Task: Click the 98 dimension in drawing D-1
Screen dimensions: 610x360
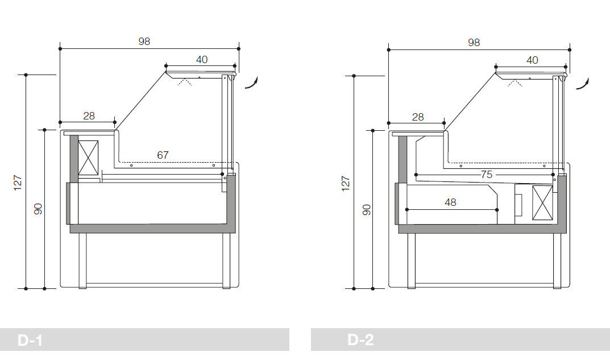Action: [x=144, y=42]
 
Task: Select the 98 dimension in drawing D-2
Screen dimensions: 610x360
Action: [x=474, y=43]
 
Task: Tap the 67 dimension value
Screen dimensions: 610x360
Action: [x=163, y=155]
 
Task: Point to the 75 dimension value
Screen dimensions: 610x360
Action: [x=487, y=175]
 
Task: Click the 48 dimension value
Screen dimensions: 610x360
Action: [x=450, y=202]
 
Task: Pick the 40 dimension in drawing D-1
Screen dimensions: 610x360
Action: [x=202, y=60]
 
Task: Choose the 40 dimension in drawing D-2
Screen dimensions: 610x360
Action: [x=532, y=60]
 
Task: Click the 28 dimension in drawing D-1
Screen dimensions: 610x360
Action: [x=89, y=116]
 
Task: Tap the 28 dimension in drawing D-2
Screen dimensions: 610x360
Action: [x=418, y=117]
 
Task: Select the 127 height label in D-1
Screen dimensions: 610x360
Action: [x=18, y=183]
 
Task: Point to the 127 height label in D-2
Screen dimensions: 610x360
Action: [x=346, y=184]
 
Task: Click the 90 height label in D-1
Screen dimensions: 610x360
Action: [x=38, y=209]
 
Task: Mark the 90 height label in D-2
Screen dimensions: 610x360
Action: [x=367, y=210]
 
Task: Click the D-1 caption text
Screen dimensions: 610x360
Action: [x=30, y=341]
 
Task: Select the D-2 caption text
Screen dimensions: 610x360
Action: [x=360, y=340]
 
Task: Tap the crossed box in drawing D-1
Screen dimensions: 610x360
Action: [x=88, y=158]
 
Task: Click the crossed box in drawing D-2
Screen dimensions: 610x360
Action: [x=542, y=203]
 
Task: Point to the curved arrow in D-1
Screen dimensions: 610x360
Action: [x=252, y=82]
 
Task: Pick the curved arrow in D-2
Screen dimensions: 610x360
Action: [x=583, y=83]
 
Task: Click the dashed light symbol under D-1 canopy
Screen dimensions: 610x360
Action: [x=185, y=82]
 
